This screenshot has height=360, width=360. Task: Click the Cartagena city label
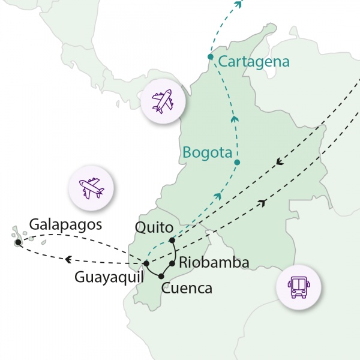pos(254,62)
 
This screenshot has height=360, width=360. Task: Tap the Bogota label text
pos(208,153)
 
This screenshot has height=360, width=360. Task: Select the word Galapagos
pos(65,224)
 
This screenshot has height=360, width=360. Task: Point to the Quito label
pos(155,227)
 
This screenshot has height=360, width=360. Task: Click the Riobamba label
pos(214,262)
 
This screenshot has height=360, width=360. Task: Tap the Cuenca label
pos(187,289)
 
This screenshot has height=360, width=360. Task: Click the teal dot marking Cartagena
pos(211,57)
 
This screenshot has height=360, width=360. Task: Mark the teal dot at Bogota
pos(237,163)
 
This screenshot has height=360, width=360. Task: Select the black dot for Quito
pos(172,241)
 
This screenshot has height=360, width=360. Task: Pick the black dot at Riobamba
pos(172,263)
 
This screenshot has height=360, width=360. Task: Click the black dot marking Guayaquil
pos(146,263)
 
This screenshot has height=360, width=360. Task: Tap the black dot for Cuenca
pos(161,276)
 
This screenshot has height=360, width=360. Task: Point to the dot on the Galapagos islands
pos(18,242)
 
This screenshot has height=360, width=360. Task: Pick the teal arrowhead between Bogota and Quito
pos(218,196)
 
